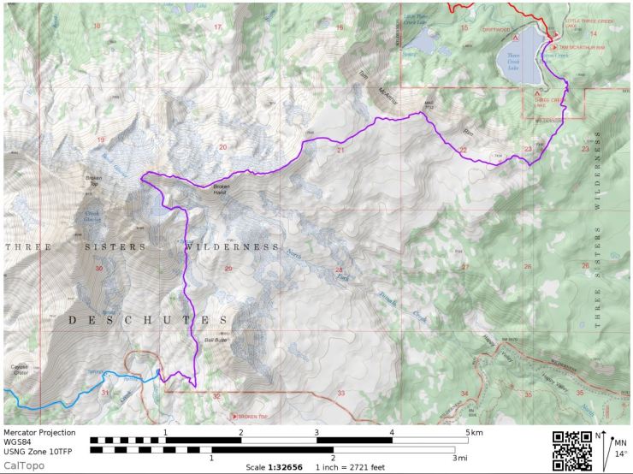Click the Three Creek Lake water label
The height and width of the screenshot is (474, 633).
coord(512,58)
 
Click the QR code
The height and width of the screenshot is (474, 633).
coord(572,451)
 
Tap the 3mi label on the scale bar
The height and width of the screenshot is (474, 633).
coord(461,458)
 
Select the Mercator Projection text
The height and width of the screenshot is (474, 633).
coord(39,432)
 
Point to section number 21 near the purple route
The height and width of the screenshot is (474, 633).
coord(340,150)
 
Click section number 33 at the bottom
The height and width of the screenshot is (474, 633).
coord(340,393)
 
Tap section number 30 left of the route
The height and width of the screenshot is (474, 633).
coord(99,269)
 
